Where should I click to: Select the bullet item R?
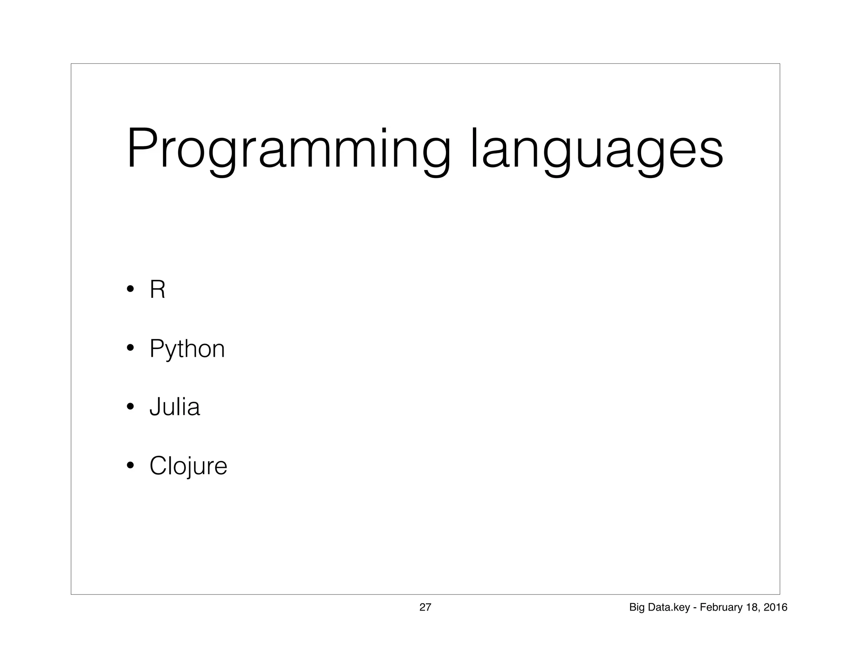tap(157, 289)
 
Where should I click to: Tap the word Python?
tap(187, 349)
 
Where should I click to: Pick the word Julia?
tap(175, 407)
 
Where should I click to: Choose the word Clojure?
tap(188, 465)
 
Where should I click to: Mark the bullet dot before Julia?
tap(130, 406)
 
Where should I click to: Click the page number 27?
tap(425, 607)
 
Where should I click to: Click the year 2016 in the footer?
tap(775, 608)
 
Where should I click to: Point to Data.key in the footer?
tap(669, 608)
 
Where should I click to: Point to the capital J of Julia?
tap(155, 407)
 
